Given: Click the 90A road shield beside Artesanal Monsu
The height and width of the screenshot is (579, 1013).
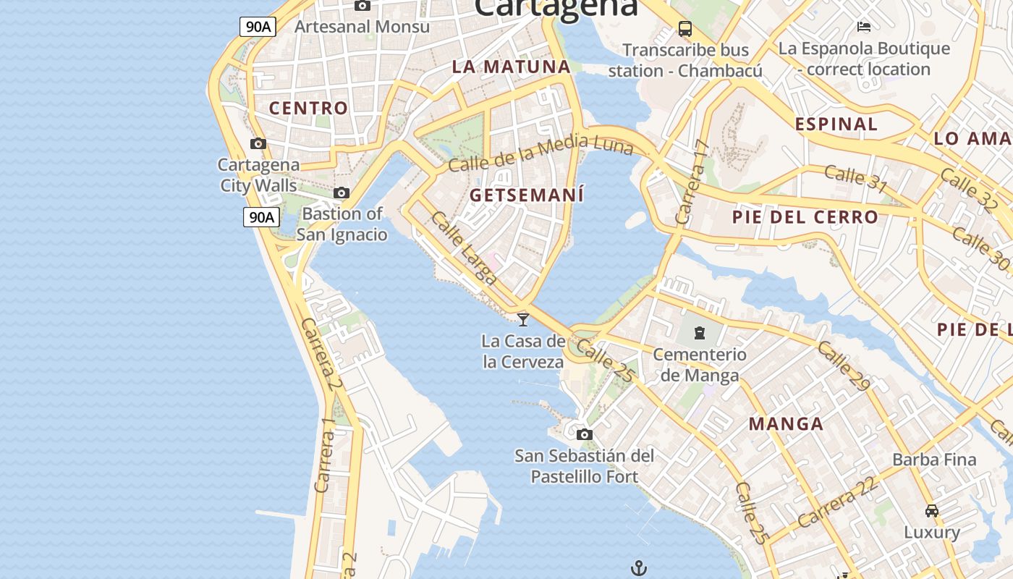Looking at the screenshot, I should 258,27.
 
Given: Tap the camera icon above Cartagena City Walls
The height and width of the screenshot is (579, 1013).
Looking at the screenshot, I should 258,143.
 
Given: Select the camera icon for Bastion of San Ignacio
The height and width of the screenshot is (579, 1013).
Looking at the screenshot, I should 342,193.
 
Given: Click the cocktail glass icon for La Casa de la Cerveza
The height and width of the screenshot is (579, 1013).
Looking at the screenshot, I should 523,319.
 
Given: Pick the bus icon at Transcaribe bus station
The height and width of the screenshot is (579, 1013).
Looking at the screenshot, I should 684,29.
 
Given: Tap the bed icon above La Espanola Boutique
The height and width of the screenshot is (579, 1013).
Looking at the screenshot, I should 863,27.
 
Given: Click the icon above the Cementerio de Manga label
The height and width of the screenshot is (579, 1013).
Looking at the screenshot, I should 699,333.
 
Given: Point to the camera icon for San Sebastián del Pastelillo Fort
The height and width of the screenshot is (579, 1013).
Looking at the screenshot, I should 585,434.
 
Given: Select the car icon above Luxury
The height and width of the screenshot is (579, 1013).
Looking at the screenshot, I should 932,511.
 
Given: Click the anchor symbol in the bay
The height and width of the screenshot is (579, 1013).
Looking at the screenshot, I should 638,568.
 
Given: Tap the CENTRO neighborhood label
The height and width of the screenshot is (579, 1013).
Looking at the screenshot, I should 308,109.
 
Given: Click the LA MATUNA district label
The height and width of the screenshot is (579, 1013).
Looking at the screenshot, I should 512,67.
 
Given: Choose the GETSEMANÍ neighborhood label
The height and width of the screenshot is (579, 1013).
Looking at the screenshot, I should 526,195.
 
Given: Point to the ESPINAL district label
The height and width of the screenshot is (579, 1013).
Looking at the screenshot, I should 836,124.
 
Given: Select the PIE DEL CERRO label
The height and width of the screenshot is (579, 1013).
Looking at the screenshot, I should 805,217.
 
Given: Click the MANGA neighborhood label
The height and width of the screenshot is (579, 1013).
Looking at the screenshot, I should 786,424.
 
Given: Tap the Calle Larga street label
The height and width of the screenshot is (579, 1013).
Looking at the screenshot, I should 464,248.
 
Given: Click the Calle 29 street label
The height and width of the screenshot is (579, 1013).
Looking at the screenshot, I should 844,365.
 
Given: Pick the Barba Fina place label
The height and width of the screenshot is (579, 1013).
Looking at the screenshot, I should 934,460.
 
